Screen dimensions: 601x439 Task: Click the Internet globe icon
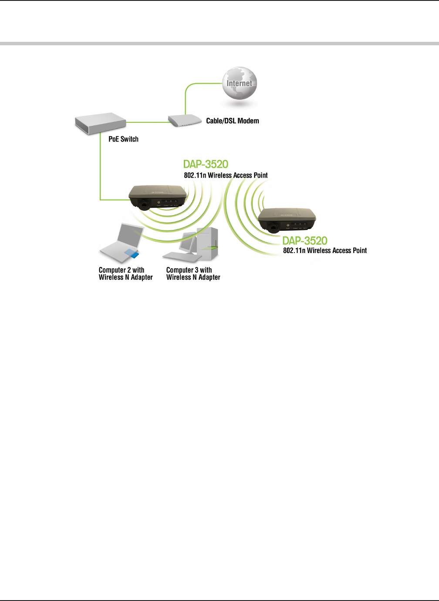239,84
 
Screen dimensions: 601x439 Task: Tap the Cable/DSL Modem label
232,121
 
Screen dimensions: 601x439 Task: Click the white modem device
185,120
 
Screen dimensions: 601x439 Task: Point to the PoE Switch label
123,139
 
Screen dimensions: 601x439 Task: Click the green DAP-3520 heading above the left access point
206,164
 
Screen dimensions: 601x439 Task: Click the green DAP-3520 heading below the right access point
305,240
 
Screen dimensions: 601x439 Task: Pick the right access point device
287,219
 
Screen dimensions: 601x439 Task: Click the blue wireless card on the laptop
132,253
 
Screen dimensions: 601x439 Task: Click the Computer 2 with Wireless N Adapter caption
125,274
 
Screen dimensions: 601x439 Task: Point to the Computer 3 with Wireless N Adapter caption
193,274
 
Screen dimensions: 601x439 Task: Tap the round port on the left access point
144,203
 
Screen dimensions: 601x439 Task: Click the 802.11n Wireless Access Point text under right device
325,250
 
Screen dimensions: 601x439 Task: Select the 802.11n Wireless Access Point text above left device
226,176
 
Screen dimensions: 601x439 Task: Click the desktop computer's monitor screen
188,244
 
